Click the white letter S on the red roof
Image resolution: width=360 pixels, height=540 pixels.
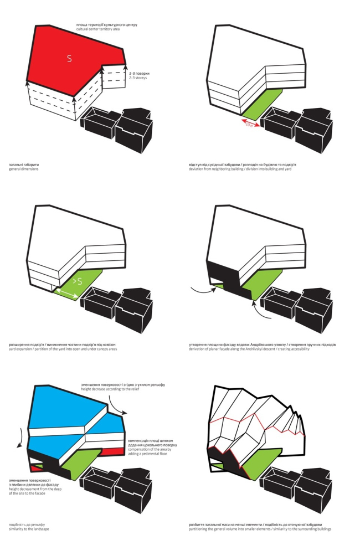(x=69, y=58)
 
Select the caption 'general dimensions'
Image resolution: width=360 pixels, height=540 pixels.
(x=24, y=168)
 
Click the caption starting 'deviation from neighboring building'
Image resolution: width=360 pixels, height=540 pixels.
(x=239, y=168)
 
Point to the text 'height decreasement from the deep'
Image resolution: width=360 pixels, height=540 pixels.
(x=33, y=489)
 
